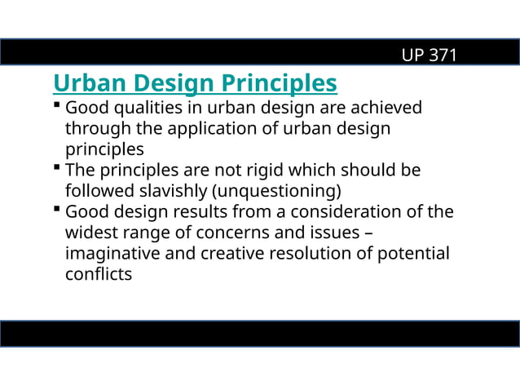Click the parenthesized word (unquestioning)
tap(276, 191)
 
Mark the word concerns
tap(213, 233)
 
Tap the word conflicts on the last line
tap(98, 274)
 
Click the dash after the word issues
tap(369, 233)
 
